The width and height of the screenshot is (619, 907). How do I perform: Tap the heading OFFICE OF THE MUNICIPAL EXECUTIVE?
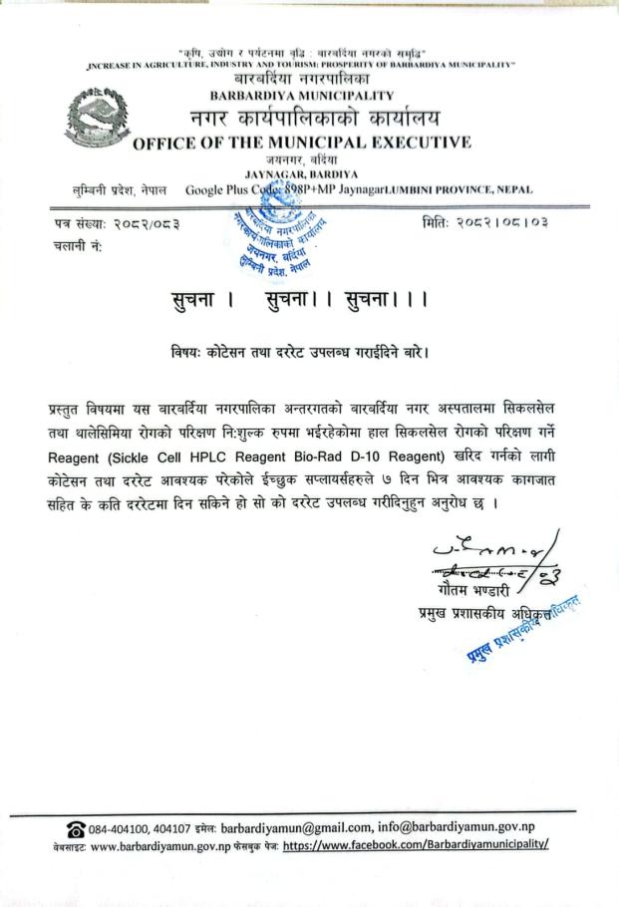coord(302,142)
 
